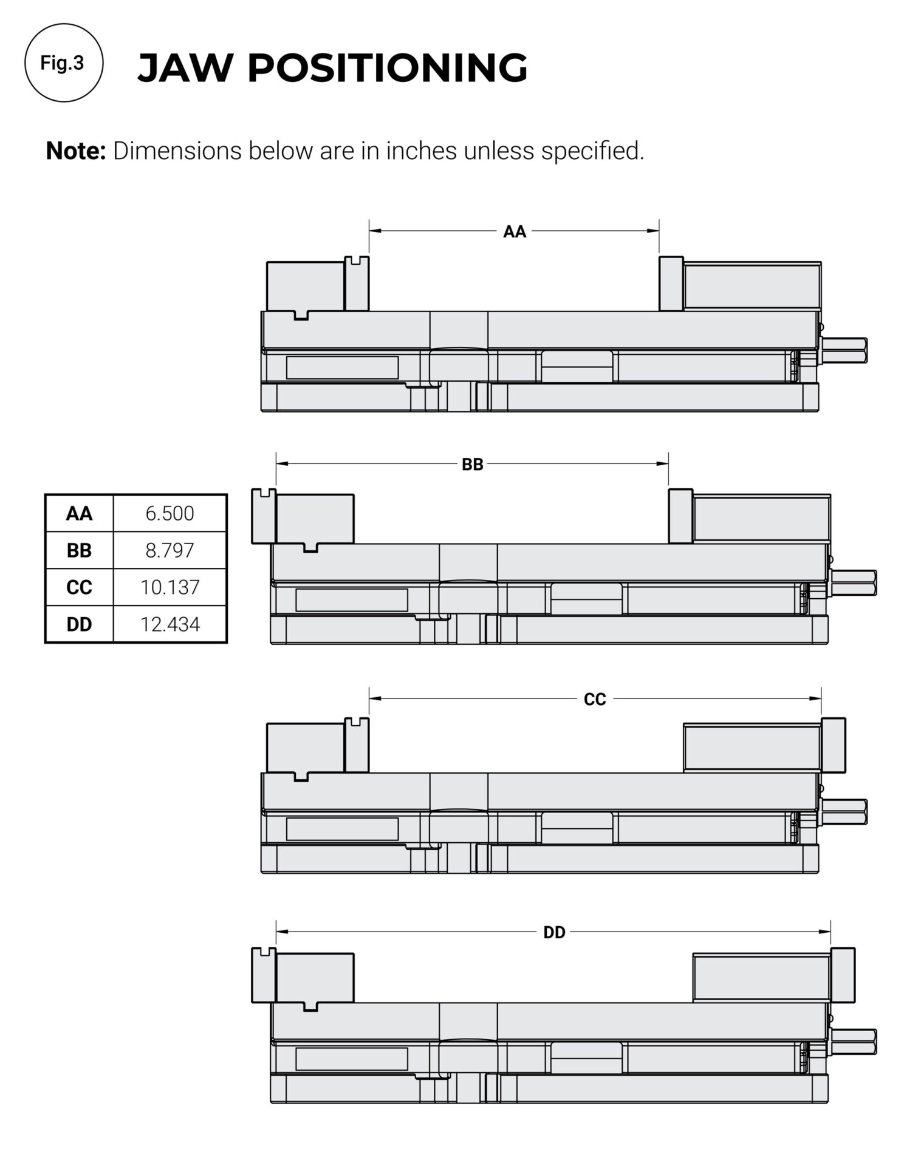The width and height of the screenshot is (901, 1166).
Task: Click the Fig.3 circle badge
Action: [x=63, y=63]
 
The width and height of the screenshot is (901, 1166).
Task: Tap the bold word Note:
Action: [x=76, y=151]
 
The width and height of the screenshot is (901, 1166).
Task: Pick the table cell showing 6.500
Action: [x=170, y=513]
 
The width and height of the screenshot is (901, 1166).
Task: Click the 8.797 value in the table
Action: [x=170, y=550]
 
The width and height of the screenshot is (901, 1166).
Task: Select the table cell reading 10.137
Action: [x=170, y=587]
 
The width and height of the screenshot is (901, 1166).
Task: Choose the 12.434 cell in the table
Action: [x=170, y=624]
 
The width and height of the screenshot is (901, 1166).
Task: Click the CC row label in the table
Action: [x=79, y=587]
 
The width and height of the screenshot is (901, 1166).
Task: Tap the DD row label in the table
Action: [x=79, y=624]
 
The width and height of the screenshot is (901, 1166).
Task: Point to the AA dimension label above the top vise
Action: [x=514, y=231]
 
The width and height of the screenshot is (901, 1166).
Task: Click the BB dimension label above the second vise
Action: [x=472, y=465]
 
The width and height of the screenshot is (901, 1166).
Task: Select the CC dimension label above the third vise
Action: [x=594, y=700]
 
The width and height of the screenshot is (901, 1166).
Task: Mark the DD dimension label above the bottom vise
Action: [x=553, y=932]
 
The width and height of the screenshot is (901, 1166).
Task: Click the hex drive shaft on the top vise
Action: [x=844, y=350]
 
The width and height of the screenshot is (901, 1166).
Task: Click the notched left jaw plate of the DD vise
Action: [x=263, y=975]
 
